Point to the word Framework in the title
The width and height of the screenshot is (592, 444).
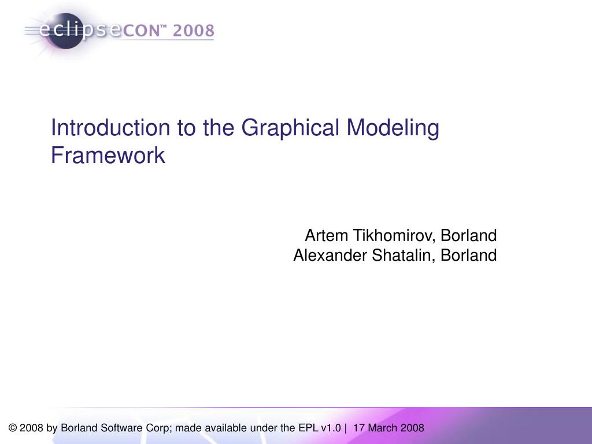point(108,155)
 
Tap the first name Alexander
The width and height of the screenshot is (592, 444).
point(330,255)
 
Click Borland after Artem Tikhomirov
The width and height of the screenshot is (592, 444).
point(469,236)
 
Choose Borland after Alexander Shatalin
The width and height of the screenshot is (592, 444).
point(469,255)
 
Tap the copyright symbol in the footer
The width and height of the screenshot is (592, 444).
point(13,428)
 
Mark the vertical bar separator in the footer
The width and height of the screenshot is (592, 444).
point(345,428)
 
